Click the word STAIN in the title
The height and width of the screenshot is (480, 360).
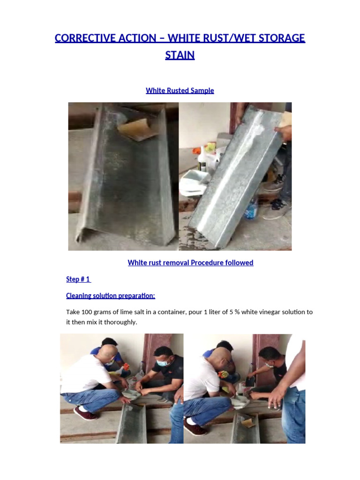pyautogui.click(x=180, y=55)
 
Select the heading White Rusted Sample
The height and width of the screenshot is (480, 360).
pyautogui.click(x=180, y=90)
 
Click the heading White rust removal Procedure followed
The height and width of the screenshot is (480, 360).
pyautogui.click(x=190, y=262)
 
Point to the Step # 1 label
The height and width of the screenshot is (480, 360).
pyautogui.click(x=78, y=279)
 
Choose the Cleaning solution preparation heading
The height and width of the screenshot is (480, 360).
pyautogui.click(x=110, y=295)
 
